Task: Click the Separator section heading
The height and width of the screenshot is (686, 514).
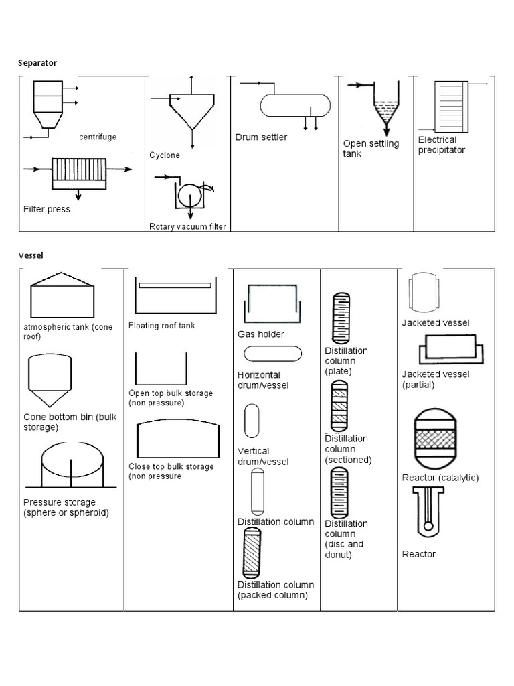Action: [x=37, y=63]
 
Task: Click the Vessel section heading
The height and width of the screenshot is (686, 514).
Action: [x=30, y=255]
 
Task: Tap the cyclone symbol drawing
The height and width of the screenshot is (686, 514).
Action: [x=192, y=111]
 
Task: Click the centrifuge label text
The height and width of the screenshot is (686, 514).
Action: [x=98, y=137]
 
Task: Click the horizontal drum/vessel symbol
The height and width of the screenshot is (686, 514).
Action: [x=272, y=354]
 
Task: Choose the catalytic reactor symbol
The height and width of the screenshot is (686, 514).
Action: [x=436, y=438]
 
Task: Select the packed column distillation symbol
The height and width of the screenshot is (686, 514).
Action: [x=251, y=553]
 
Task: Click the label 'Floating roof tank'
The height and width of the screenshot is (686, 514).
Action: [x=161, y=326]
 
